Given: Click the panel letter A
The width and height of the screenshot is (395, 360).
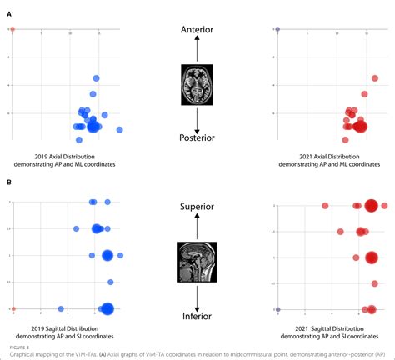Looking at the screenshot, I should (10, 14).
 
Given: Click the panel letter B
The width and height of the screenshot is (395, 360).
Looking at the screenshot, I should (10, 182).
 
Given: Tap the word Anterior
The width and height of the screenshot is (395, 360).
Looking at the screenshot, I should (197, 29).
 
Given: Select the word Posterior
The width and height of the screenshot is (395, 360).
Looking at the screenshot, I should (197, 137).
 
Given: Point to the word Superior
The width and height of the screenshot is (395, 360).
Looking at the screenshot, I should (197, 205).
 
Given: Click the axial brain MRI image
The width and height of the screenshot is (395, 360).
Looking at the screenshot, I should (197, 85).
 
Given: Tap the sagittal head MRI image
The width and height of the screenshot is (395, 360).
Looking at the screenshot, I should (197, 261).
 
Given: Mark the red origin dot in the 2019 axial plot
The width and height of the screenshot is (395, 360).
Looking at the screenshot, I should (12, 29).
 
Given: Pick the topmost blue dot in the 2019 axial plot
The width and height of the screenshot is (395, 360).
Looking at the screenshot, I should (97, 78).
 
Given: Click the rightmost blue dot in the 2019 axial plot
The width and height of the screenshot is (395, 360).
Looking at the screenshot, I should (119, 130).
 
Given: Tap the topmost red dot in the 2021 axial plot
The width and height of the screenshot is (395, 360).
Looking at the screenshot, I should (375, 78).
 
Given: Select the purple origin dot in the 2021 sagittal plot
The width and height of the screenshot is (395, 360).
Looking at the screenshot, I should (277, 309).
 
